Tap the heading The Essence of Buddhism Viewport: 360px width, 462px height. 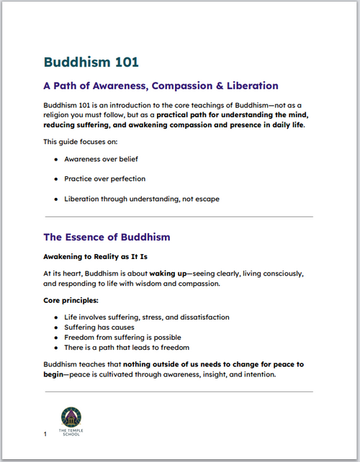coord(107,236)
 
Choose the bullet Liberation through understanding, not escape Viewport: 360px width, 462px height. coord(141,198)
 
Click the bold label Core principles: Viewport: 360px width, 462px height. coord(71,299)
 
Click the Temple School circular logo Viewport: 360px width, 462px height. coord(71,416)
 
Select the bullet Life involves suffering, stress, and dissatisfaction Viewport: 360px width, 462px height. coord(146,317)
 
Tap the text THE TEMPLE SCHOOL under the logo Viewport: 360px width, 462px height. coord(71,433)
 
